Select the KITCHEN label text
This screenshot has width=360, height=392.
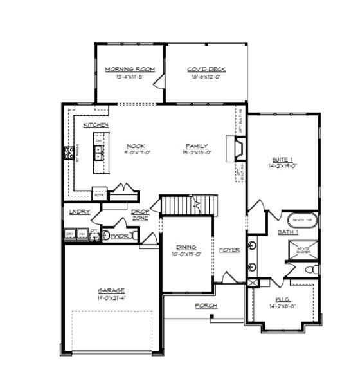pyautogui.click(x=95, y=124)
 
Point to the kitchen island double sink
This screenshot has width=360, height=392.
pyautogui.click(x=99, y=153)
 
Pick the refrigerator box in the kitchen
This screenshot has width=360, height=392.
pyautogui.click(x=99, y=192)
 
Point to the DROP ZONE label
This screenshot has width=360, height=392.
pyautogui.click(x=140, y=215)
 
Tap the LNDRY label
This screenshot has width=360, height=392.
pyautogui.click(x=80, y=212)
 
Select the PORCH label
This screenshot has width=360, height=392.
pyautogui.click(x=206, y=305)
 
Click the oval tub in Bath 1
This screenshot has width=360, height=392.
pyautogui.click(x=301, y=220)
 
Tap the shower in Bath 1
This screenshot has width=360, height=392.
pyautogui.click(x=302, y=248)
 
